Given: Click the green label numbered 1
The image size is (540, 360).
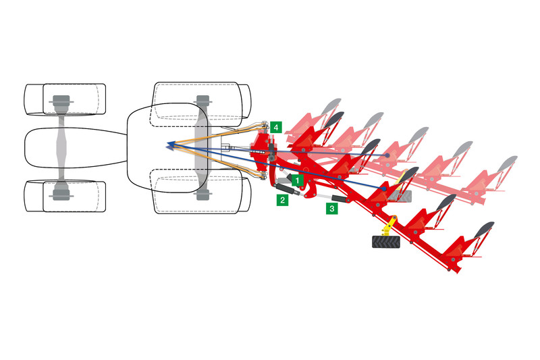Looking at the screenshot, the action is (x=298, y=180).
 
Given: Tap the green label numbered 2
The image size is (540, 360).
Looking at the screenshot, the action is (x=282, y=200).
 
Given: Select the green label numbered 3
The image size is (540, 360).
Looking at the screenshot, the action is (x=332, y=209).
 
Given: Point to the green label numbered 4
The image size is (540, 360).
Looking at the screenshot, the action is (x=276, y=128).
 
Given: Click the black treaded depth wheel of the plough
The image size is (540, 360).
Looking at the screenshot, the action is (x=386, y=242).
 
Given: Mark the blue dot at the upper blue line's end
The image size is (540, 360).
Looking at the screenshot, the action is (x=387, y=155).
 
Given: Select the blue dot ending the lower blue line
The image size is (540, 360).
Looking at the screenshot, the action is (x=384, y=189).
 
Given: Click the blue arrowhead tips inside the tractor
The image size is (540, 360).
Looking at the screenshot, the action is (x=170, y=146).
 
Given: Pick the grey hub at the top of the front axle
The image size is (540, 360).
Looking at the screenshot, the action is (x=61, y=101).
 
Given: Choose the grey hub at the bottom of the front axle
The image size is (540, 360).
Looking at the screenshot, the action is (x=61, y=195).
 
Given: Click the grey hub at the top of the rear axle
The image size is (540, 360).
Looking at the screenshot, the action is (x=202, y=101).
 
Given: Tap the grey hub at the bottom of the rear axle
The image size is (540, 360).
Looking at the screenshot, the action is (x=202, y=195).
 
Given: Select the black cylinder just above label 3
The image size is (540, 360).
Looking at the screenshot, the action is (x=340, y=199).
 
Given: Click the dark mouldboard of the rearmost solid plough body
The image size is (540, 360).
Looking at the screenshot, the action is (x=484, y=230).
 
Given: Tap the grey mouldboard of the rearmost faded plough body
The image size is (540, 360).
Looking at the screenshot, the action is (x=508, y=163).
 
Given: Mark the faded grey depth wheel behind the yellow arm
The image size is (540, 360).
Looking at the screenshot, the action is (x=400, y=197).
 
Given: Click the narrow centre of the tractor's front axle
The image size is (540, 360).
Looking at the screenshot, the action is (x=61, y=147).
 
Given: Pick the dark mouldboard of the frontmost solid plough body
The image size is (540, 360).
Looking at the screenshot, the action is (x=334, y=119).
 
